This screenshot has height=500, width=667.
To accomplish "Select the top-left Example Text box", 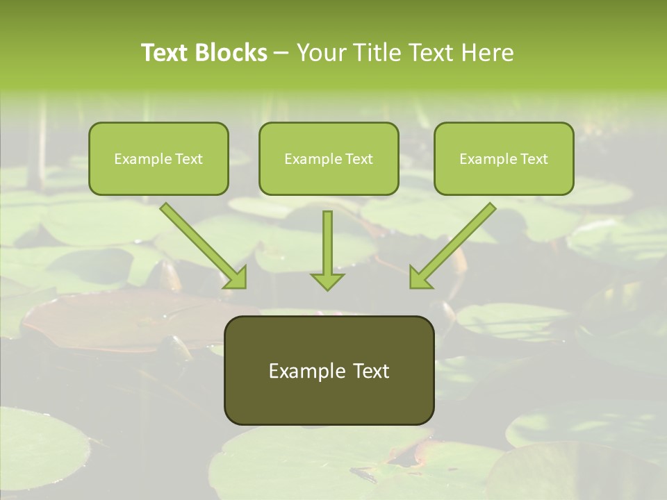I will point(158,159).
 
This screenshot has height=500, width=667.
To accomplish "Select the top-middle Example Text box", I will point(329,159).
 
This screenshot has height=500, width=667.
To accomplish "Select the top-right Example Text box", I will point(504,159).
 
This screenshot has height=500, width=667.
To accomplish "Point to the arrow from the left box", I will point(201,244).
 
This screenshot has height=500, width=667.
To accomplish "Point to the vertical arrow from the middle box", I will point(327,247).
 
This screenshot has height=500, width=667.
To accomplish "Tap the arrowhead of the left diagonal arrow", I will point(236,278).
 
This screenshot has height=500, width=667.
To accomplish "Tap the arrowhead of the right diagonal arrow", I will point(420,278).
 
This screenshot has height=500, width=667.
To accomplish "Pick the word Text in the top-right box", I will point(534,159).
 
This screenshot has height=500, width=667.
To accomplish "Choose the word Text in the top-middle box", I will point(359,159).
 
